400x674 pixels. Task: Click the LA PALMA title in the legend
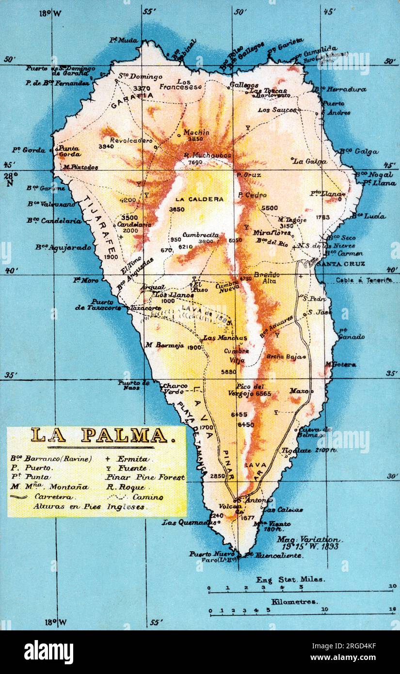click(99, 435)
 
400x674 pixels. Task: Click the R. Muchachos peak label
click(208, 156)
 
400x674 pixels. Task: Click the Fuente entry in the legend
click(131, 468)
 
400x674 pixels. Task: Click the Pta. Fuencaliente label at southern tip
click(273, 555)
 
